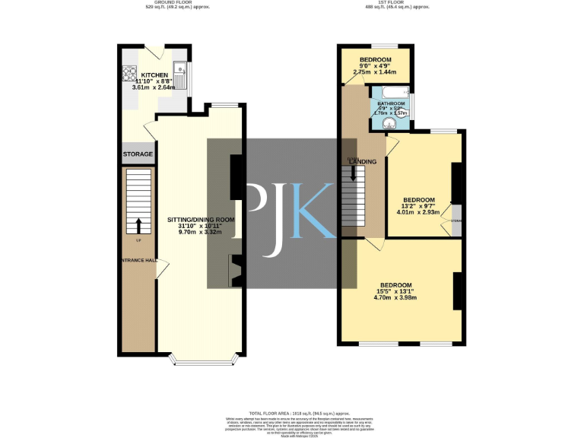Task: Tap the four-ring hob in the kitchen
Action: [x=128, y=75]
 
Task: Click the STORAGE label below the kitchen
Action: [x=138, y=154]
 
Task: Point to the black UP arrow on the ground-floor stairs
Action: [x=138, y=226]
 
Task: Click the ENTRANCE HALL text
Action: [x=138, y=261]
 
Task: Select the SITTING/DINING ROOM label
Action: [x=201, y=219]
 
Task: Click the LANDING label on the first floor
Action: [x=363, y=162]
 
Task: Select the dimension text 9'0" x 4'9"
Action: [x=375, y=66]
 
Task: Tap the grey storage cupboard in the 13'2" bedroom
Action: [x=456, y=221]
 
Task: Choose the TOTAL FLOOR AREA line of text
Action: [x=294, y=411]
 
